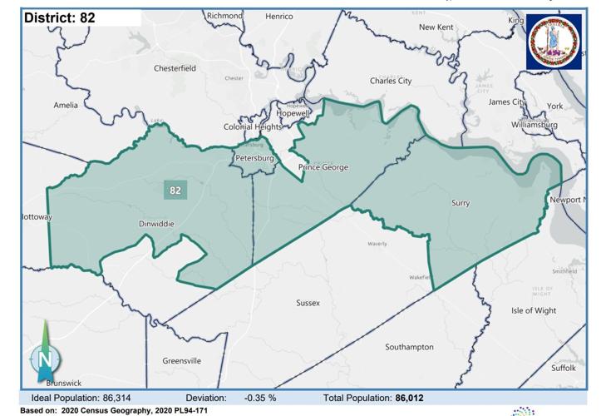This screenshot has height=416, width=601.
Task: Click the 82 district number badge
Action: pyautogui.click(x=175, y=190)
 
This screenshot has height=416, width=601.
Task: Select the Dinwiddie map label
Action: pyautogui.click(x=156, y=224)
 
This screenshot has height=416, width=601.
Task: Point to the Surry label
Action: pyautogui.click(x=461, y=202)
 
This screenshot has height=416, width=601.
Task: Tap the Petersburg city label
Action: pyautogui.click(x=255, y=157)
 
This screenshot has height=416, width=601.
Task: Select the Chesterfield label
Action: pyautogui.click(x=175, y=68)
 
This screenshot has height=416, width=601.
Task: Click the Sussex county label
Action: pyautogui.click(x=308, y=304)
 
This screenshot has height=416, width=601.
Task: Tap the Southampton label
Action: pyautogui.click(x=409, y=346)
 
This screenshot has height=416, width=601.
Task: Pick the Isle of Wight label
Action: pyautogui.click(x=534, y=310)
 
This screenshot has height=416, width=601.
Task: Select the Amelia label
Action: pyautogui.click(x=66, y=105)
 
